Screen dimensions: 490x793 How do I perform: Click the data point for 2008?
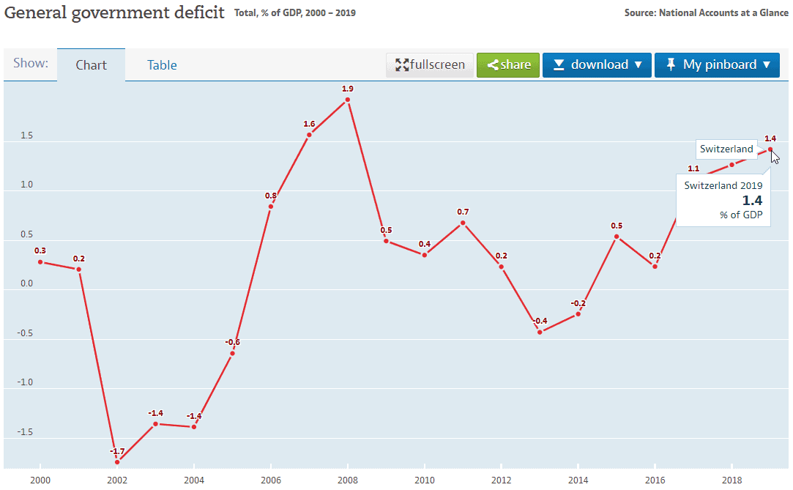tap(348, 100)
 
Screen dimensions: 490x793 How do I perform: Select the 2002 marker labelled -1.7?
tap(117, 462)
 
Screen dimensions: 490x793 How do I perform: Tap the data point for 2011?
tap(463, 223)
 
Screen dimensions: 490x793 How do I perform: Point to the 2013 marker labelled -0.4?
tap(540, 333)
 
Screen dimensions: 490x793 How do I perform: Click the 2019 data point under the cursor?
tap(770, 149)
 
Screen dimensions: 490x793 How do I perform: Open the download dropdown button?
tap(597, 65)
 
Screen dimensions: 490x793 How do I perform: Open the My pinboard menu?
tap(717, 65)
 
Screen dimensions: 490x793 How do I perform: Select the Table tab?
tap(162, 65)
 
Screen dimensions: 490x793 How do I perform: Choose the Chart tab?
tap(92, 65)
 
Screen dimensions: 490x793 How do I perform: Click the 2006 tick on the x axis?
tap(271, 479)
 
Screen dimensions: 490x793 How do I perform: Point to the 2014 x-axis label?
tap(578, 479)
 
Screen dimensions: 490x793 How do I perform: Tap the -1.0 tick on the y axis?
tap(26, 382)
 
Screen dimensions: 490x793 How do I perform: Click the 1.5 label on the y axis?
tap(26, 136)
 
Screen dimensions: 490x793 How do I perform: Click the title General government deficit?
tap(115, 13)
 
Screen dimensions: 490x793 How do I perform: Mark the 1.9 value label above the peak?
tap(348, 89)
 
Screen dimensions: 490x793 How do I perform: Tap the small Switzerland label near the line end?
tap(726, 149)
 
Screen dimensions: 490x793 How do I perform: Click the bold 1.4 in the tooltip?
tap(752, 201)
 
